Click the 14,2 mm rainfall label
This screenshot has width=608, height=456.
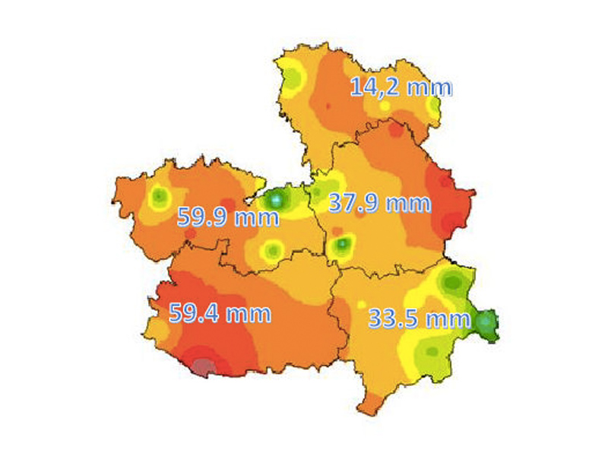pos(401,87)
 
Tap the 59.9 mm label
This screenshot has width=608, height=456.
pos(227,217)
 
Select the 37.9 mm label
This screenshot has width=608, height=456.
pos(379,203)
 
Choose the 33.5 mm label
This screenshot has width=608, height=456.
pos(420,318)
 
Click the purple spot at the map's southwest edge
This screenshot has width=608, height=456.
pos(202,368)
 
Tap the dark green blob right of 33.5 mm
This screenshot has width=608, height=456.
pos(486,323)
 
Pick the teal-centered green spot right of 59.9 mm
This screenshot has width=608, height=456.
pos(277,200)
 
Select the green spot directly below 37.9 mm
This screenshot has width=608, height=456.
pos(344,244)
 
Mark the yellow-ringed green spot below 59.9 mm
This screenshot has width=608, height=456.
pos(271,249)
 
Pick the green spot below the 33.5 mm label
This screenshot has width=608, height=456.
pos(432,350)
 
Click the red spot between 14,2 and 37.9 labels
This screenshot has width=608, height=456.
pos(394,131)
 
